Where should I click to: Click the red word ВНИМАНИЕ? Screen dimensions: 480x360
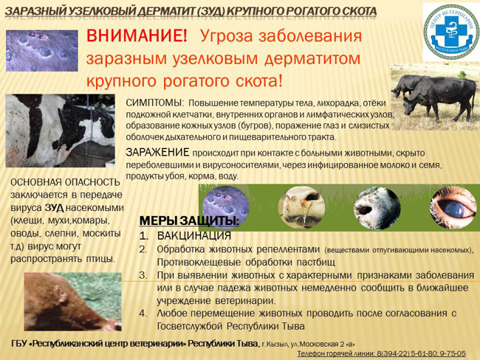pyautogui.click(x=137, y=36)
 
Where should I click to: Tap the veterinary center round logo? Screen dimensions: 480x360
pyautogui.click(x=451, y=31)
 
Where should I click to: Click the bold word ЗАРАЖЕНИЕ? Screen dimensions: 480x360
pyautogui.click(x=157, y=152)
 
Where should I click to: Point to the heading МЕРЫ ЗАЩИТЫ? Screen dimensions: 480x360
pyautogui.click(x=189, y=221)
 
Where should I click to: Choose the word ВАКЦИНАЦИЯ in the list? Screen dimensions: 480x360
pyautogui.click(x=194, y=236)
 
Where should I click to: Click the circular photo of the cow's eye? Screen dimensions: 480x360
pyautogui.click(x=454, y=207)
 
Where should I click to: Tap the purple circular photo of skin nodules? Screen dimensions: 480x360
pyautogui.click(x=226, y=207)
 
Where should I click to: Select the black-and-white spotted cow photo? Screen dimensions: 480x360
pyautogui.click(x=61, y=131)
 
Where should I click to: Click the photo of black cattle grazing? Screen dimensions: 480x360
pyautogui.click(x=435, y=97)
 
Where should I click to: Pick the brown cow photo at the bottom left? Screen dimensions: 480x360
pyautogui.click(x=73, y=301)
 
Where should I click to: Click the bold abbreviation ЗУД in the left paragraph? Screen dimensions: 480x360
pyautogui.click(x=54, y=208)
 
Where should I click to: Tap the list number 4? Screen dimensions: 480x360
pyautogui.click(x=143, y=314)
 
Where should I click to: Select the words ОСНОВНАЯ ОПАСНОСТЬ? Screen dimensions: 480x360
pyautogui.click(x=65, y=182)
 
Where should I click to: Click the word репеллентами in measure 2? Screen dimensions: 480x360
pyautogui.click(x=288, y=250)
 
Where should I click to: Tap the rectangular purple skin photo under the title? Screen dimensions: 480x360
pyautogui.click(x=42, y=51)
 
